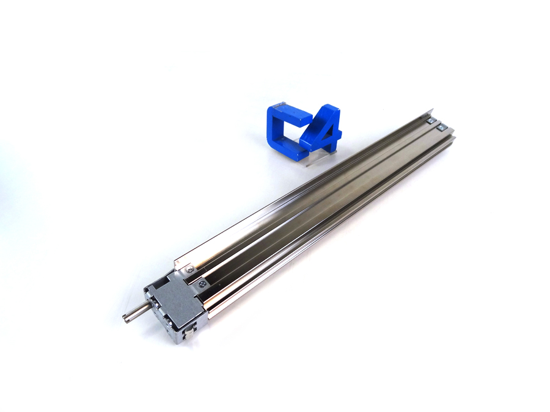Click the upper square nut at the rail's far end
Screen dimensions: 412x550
[x=431, y=121]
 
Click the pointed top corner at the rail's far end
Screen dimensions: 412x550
[x=433, y=110]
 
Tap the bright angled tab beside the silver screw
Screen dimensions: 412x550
[x=180, y=264]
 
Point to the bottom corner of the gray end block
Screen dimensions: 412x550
[x=177, y=342]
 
